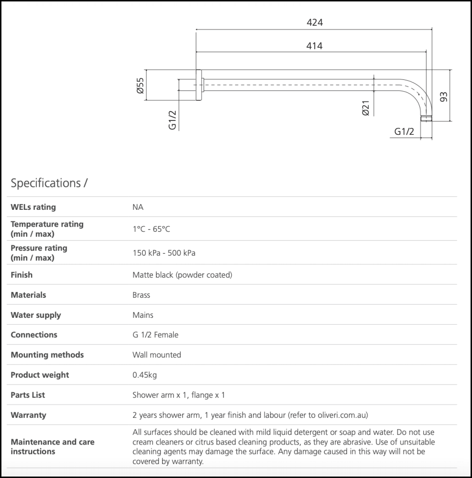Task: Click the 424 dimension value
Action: (314, 22)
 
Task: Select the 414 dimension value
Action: (314, 46)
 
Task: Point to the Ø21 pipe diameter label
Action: (365, 108)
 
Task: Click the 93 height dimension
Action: (444, 97)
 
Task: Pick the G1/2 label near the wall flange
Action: (173, 120)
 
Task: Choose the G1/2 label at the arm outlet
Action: (404, 132)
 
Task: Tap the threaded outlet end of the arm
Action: (426, 119)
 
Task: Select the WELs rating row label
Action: (33, 207)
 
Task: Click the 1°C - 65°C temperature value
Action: (151, 229)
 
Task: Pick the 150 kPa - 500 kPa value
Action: (164, 253)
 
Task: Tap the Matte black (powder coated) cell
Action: (182, 275)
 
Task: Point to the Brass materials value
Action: (141, 295)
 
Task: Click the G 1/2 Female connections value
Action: (155, 335)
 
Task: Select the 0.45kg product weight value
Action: (144, 375)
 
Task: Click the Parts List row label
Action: (28, 395)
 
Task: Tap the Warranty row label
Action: (29, 415)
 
